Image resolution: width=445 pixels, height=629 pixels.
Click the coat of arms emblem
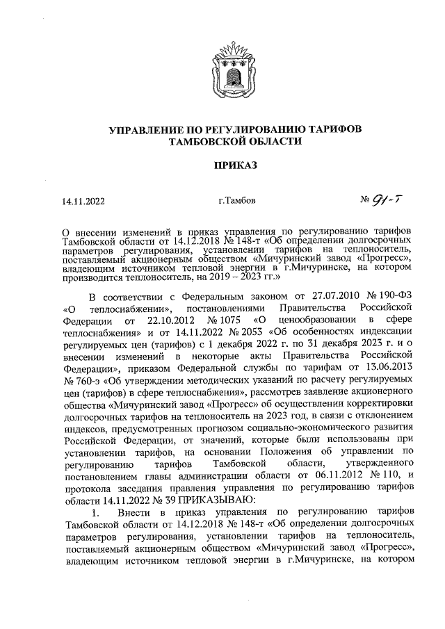coord(222,70)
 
